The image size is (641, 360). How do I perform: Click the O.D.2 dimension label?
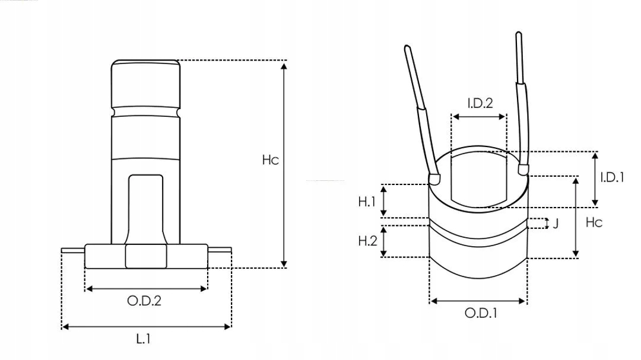pos(144,301)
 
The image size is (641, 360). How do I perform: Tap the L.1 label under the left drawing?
pos(144,339)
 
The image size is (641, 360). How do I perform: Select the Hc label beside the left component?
pos(270,160)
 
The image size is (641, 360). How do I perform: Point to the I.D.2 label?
pos(480,103)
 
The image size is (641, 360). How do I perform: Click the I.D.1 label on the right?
pos(611,177)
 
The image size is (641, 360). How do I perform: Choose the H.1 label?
pos(367,202)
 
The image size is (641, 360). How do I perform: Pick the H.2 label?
pos(367,241)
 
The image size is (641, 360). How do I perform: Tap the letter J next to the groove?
pos(556,224)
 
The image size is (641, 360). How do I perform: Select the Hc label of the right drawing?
pos(594,222)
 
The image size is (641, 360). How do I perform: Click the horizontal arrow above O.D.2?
pos(147,289)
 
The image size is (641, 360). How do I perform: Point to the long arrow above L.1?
pos(146,326)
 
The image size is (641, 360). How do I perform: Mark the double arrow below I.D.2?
pos(479,117)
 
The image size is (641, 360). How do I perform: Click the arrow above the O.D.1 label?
pos(478,301)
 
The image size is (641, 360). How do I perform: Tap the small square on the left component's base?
pos(146,256)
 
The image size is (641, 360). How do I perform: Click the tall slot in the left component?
pos(146,208)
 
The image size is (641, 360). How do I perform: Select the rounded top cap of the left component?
pos(146,83)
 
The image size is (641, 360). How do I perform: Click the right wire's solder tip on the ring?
pos(523,170)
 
